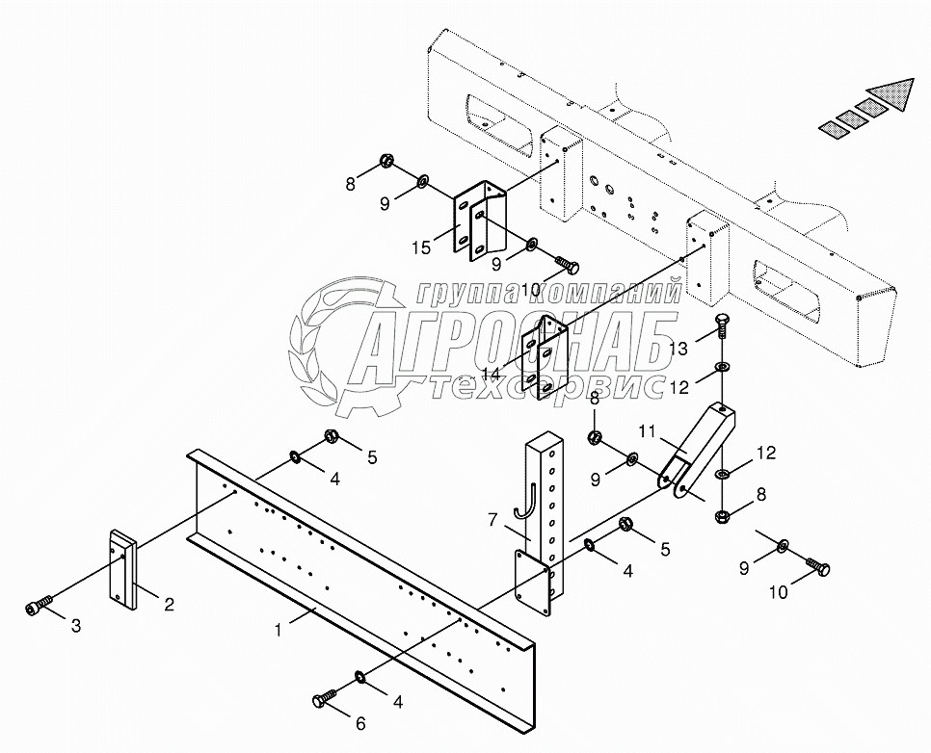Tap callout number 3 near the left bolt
pos(77,627)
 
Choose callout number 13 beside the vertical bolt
pos(678,348)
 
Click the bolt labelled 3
pos(36,608)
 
